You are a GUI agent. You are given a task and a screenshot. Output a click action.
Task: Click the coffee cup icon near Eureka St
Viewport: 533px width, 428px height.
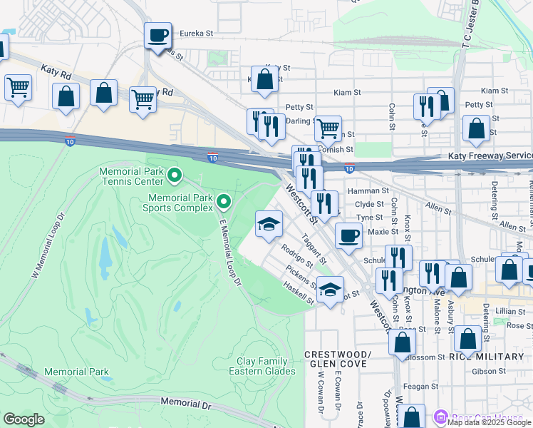(x=157, y=34)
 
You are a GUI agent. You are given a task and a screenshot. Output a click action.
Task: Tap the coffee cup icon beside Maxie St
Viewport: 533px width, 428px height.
(x=348, y=235)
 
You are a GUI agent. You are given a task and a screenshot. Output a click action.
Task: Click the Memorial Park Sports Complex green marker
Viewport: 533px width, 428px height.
(x=224, y=202)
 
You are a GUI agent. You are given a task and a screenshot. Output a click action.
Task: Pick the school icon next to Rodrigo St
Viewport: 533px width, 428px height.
(x=269, y=225)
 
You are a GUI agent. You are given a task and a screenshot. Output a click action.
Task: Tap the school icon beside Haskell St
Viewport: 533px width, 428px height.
(x=329, y=290)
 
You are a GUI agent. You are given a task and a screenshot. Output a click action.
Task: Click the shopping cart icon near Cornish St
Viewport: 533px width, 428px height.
(x=328, y=129)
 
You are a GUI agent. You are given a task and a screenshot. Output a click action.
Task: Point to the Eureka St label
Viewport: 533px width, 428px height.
(x=196, y=34)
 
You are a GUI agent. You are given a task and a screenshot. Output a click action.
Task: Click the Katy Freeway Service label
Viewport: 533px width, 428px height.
(x=490, y=156)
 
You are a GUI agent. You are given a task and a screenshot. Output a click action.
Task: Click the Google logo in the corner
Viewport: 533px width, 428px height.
(x=24, y=419)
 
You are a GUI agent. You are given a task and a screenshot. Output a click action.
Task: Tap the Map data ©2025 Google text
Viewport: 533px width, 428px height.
(x=490, y=422)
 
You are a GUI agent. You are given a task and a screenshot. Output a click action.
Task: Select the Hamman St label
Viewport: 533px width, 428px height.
(x=368, y=190)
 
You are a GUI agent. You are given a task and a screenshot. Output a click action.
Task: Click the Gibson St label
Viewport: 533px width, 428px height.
(x=492, y=371)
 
